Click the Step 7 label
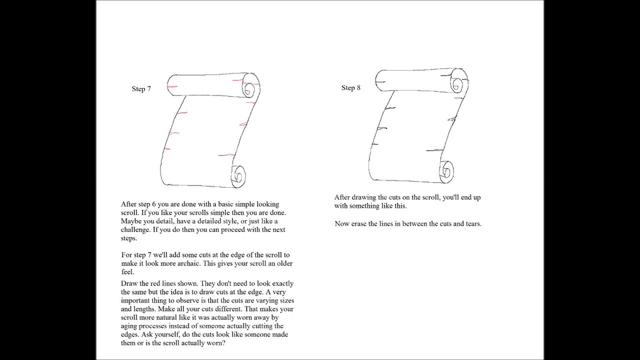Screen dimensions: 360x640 141,89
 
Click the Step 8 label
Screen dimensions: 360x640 351,88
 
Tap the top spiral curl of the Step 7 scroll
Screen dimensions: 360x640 249,89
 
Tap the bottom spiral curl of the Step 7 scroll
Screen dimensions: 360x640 238,175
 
